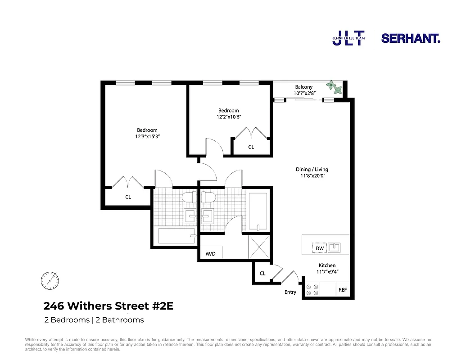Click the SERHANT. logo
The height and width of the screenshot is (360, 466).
(411, 38)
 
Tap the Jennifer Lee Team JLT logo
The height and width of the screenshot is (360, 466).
(348, 38)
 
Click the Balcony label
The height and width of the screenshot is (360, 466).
(304, 87)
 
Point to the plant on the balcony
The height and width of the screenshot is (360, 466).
(332, 85)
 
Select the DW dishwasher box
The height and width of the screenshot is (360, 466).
(320, 248)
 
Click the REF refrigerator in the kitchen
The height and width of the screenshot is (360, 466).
(343, 290)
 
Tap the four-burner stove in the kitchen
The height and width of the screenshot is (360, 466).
(312, 290)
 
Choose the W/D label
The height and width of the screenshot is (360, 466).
(211, 254)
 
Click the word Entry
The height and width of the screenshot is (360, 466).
(290, 292)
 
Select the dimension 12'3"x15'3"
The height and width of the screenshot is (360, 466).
(148, 137)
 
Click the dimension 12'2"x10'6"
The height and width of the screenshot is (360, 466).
(229, 117)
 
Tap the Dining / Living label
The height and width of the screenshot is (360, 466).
(312, 170)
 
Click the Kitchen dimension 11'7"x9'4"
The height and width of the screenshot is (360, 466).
(327, 272)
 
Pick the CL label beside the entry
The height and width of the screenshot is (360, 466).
(262, 273)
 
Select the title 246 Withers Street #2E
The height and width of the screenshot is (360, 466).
(108, 306)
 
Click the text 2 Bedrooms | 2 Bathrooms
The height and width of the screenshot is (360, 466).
(94, 320)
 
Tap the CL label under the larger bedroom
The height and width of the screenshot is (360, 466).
(128, 197)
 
